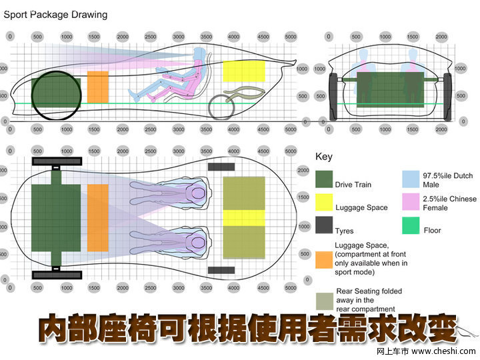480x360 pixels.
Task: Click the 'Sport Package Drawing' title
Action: click(56, 14)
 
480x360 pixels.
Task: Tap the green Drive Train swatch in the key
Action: click(324, 179)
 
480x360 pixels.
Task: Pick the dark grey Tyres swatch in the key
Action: click(324, 225)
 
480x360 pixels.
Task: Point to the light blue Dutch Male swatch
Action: click(411, 179)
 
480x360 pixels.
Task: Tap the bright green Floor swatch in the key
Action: click(411, 226)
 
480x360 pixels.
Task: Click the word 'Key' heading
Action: click(323, 157)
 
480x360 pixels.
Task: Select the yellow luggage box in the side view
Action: click(244, 71)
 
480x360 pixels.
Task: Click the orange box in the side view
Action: click(98, 87)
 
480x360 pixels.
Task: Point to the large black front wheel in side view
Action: click(56, 95)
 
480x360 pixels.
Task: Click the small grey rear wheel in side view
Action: click(221, 106)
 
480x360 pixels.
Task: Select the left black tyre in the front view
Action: click(334, 96)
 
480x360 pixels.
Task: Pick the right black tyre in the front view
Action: click(447, 96)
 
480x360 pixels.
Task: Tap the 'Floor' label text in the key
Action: click(432, 231)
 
